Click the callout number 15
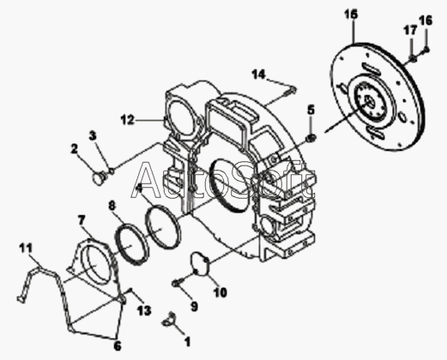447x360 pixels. [x=351, y=14]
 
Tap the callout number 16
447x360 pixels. [x=426, y=21]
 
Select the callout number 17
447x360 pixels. [x=410, y=30]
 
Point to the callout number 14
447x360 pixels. [x=259, y=75]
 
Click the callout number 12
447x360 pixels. [x=127, y=120]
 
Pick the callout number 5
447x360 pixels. [x=311, y=110]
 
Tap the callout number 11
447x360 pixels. [x=26, y=248]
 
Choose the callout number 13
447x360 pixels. [x=144, y=310]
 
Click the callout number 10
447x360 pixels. [x=220, y=292]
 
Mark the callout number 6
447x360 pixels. [x=118, y=346]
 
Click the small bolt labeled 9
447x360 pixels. [x=175, y=283]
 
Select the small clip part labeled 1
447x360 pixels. [x=169, y=319]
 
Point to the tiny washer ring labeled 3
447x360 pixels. [x=112, y=171]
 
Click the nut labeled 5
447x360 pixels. [x=311, y=138]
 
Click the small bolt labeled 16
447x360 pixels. [x=426, y=50]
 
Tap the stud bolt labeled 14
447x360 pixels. [x=290, y=92]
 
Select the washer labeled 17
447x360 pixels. [x=413, y=58]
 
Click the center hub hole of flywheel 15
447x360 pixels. [x=370, y=102]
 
